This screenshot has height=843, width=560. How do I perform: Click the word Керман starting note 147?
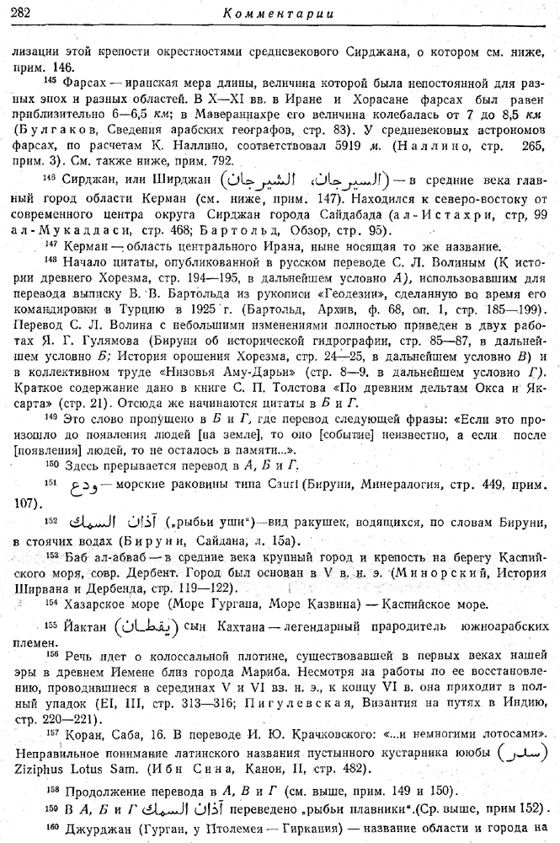tap(83, 246)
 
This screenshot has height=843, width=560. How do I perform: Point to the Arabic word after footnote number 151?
tap(83, 486)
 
